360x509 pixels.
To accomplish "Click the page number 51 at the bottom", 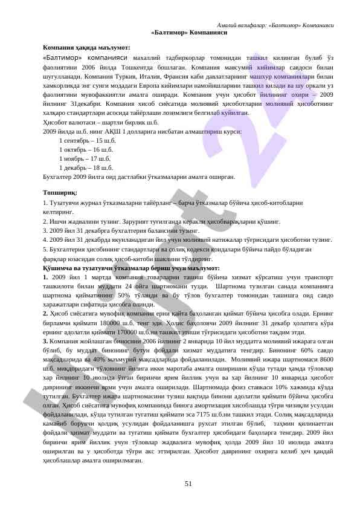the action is click(x=188, y=483).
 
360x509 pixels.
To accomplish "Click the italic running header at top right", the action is click(x=275, y=25).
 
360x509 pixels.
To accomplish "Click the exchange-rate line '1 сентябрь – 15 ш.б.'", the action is click(x=87, y=140).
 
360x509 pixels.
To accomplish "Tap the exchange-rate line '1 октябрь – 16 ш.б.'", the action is click(x=86, y=149).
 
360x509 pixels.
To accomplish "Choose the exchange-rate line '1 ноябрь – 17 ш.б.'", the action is click(x=85, y=158).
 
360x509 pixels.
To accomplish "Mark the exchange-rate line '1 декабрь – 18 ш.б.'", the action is click(x=86, y=167).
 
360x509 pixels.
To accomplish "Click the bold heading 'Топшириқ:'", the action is click(x=60, y=193).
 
